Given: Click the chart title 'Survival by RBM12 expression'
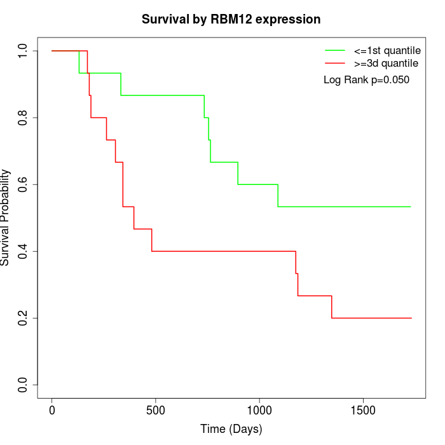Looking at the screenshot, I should [231, 19].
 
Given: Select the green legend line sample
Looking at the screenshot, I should [335, 50].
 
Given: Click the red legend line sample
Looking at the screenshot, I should [335, 64].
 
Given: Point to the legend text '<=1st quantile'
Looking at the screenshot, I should [387, 50].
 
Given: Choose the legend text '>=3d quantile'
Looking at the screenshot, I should [386, 64].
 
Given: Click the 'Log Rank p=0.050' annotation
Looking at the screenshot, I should [366, 80].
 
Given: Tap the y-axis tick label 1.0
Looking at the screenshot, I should [23, 50].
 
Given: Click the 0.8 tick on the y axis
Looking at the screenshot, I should [23, 118].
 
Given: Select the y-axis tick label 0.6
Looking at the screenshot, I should [23, 184].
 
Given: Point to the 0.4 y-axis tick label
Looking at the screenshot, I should [23, 251].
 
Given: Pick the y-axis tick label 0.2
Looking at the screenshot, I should [23, 318].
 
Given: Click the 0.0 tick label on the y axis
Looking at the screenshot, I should [23, 385].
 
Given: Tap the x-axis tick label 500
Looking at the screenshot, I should [156, 410].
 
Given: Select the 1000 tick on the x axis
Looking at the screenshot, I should [259, 410].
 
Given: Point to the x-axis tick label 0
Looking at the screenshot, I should [52, 410].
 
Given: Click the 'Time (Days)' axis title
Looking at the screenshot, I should [231, 429].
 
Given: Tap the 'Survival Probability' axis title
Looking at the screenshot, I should [6, 217].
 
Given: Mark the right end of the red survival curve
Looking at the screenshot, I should [411, 318].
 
